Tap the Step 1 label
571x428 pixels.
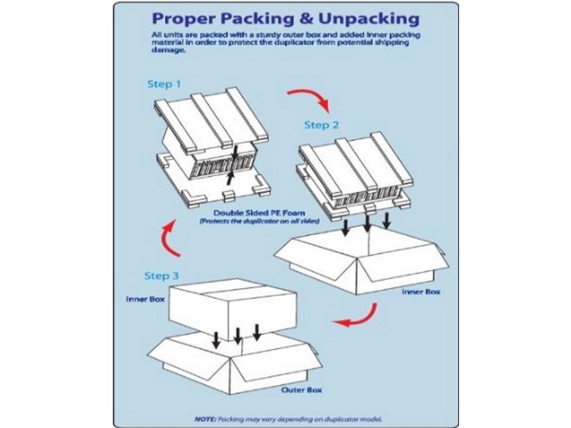tap(164, 84)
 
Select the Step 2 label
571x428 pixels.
tap(321, 125)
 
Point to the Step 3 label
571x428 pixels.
tap(161, 276)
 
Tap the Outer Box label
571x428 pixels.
tap(301, 390)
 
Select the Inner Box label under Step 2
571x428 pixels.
tap(421, 292)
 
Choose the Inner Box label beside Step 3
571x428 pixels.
tap(145, 299)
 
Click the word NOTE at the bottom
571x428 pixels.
tap(206, 419)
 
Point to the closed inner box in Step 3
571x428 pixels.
tap(232, 308)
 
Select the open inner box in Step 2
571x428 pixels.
tap(361, 263)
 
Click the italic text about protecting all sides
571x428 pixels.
tap(259, 221)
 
